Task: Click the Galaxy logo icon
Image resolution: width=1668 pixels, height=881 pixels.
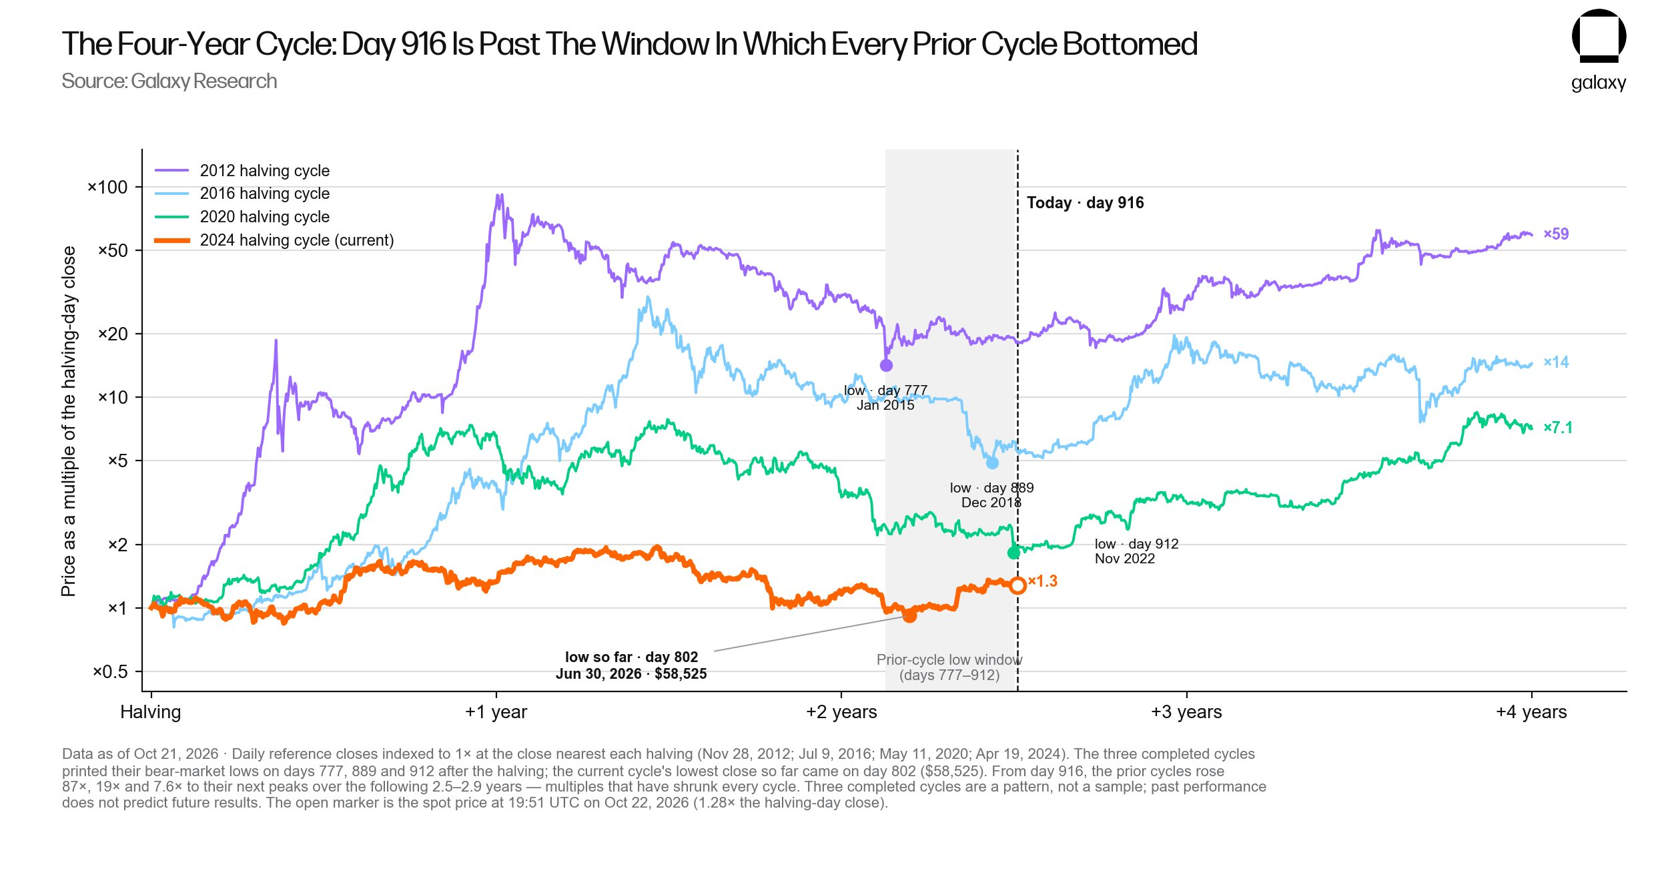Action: (1599, 36)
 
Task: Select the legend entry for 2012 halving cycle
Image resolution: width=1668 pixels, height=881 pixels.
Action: (242, 171)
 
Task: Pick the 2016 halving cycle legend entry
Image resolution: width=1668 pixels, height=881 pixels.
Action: (242, 194)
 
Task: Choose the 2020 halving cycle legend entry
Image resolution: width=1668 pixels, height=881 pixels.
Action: (242, 217)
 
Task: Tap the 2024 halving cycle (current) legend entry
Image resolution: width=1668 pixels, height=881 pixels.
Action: (274, 240)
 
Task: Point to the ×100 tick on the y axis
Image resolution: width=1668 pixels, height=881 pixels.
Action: (107, 188)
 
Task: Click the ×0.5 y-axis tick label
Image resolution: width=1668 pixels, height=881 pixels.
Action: (110, 672)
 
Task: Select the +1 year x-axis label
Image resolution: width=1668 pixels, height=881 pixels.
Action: (496, 712)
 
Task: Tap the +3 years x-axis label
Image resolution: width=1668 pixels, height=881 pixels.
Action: (1186, 712)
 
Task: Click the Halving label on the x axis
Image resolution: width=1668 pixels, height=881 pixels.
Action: (151, 712)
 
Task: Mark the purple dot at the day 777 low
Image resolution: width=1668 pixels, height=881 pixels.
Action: (886, 366)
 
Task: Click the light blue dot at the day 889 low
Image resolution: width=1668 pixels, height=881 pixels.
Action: (992, 463)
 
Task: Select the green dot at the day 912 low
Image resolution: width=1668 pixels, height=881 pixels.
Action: (1013, 553)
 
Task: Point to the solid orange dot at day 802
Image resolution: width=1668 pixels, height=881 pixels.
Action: (909, 616)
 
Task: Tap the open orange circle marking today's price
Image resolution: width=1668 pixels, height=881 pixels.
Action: (1017, 586)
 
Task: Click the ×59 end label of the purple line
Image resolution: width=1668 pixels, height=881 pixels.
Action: (1556, 234)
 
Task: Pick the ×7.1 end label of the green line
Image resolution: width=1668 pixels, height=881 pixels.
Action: (1558, 428)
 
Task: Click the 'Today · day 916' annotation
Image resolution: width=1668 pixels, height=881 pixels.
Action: (1085, 203)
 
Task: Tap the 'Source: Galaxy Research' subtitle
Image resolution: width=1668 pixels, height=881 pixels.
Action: (169, 81)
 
